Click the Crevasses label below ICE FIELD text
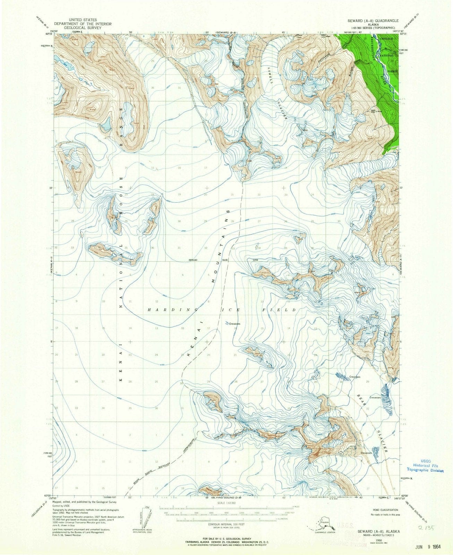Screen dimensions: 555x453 236,324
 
